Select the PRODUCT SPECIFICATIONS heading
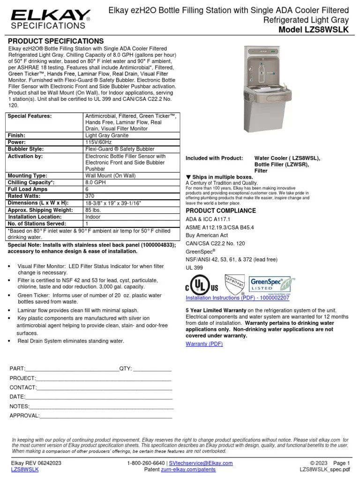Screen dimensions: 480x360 pos(56,41)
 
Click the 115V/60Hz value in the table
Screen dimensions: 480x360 pos(99,142)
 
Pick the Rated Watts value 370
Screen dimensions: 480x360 pos(90,196)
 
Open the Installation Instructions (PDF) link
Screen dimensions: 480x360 pos(237,298)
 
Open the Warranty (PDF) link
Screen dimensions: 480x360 pos(204,344)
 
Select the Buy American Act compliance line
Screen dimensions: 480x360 pos(207,235)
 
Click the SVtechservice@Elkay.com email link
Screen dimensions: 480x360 pos(201,463)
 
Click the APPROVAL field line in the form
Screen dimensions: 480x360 pos(105,415)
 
